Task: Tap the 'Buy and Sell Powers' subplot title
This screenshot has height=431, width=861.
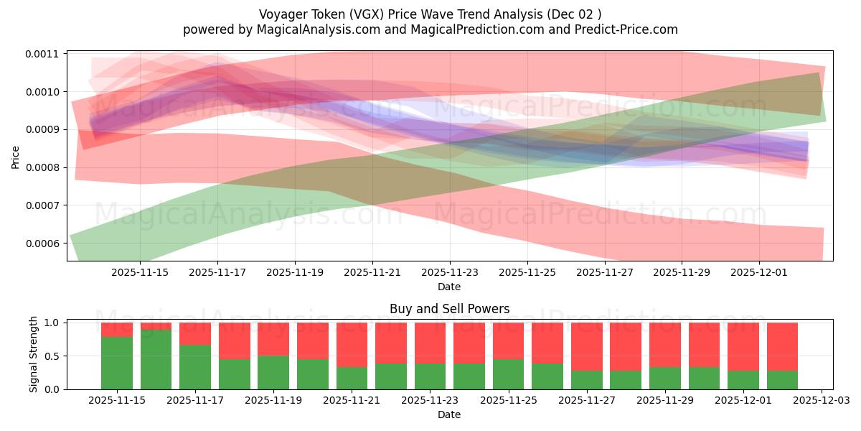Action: click(449, 309)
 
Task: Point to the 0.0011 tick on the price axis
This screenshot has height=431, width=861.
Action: click(45, 54)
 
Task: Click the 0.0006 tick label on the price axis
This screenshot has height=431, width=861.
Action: click(45, 244)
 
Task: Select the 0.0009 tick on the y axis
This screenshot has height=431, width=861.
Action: click(45, 130)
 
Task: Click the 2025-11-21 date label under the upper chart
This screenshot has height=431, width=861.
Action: click(372, 272)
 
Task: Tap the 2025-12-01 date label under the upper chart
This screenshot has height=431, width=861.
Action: click(759, 272)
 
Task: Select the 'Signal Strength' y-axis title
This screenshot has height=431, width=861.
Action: click(34, 354)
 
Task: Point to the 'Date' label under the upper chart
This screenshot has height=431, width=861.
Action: click(449, 287)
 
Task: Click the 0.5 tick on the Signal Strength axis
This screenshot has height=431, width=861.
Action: click(52, 356)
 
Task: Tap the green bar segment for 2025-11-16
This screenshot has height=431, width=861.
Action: click(156, 359)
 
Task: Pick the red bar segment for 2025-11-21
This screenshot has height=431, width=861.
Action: click(352, 345)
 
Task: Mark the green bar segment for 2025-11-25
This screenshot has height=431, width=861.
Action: click(508, 374)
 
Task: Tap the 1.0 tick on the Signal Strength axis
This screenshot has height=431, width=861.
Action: click(52, 323)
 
